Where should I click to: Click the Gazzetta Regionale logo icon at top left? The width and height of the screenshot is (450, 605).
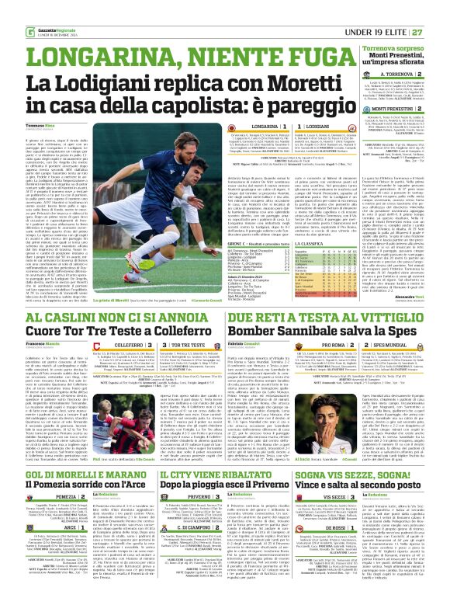tap(9, 9)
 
